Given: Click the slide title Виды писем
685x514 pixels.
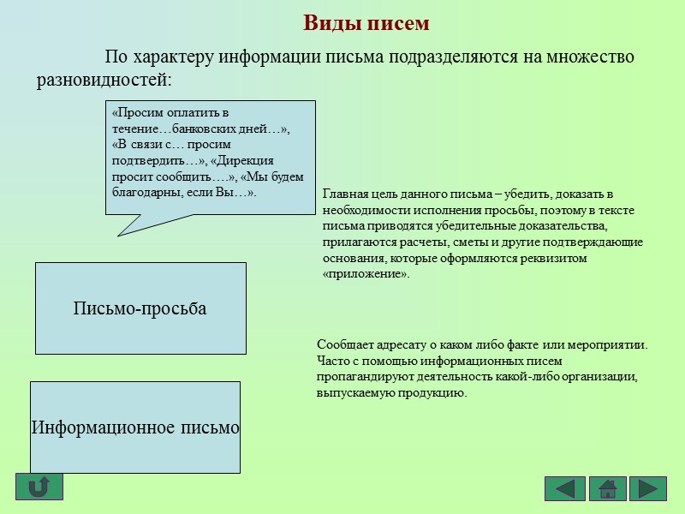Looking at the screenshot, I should (366, 23).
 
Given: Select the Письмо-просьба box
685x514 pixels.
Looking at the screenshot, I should (140, 308).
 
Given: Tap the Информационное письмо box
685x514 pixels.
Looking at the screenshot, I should (135, 427).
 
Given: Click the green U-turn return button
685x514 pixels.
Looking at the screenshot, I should (39, 487).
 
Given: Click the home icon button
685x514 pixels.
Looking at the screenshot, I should (607, 488).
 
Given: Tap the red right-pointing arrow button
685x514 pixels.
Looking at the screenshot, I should (648, 488).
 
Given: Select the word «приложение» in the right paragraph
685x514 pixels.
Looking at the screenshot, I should (366, 274).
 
